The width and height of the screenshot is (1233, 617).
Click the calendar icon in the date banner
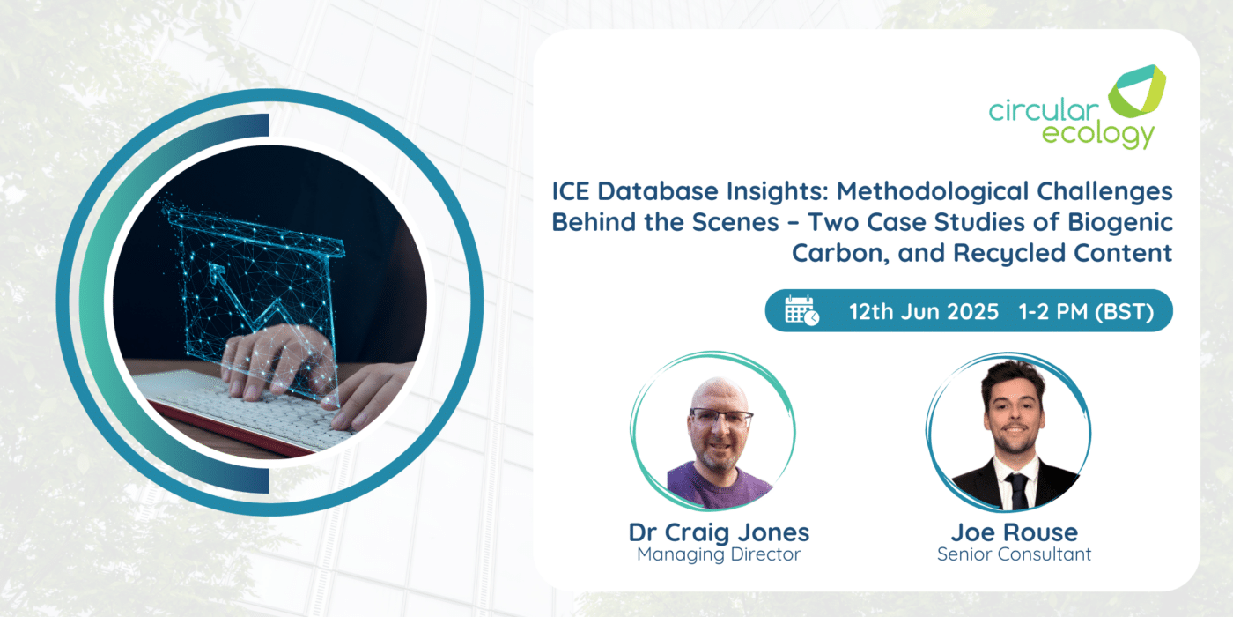(802, 310)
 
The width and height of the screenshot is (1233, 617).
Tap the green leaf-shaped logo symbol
(1137, 91)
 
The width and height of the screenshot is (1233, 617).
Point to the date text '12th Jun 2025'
(924, 312)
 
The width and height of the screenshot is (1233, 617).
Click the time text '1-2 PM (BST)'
(1086, 312)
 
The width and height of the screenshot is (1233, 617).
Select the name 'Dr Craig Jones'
(719, 532)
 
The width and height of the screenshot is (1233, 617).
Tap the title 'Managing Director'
(719, 554)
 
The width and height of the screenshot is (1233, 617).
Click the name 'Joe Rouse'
(1014, 532)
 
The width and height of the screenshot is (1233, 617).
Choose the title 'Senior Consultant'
(1014, 554)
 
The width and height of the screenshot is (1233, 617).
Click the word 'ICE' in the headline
(571, 192)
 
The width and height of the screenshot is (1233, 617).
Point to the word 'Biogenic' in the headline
(1120, 223)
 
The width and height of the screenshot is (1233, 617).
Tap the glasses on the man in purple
(720, 418)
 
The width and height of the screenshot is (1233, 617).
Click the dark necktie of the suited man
(1017, 490)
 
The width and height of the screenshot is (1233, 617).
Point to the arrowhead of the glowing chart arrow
(216, 270)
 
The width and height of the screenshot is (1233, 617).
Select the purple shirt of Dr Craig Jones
(719, 485)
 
